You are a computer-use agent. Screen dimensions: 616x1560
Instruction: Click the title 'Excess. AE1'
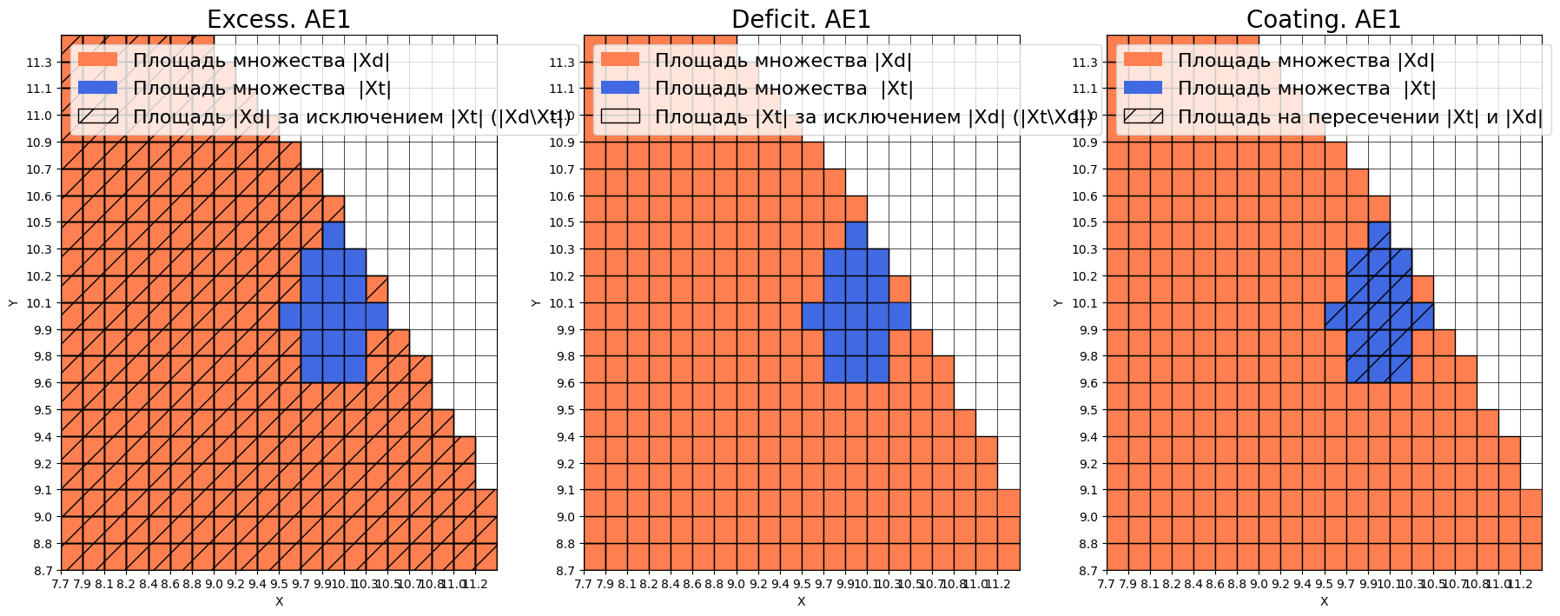coord(279,19)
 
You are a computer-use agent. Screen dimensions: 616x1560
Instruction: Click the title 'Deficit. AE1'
coord(801,19)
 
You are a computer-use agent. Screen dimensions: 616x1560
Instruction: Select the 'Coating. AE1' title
coord(1324,19)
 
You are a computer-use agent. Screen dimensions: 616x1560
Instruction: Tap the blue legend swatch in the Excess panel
coord(97,88)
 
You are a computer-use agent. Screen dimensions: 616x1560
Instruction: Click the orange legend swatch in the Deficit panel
coord(620,59)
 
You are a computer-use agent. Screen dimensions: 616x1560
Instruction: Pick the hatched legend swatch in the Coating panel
coord(1143,116)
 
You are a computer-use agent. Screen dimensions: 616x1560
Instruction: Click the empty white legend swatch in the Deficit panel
coord(620,116)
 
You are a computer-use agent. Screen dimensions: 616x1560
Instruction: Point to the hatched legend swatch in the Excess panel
coord(97,116)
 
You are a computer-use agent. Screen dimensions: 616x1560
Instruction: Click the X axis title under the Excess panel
coord(279,601)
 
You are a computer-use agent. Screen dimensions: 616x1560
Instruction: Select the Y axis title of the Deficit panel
coord(535,302)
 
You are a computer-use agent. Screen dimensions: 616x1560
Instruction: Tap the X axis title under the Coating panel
coord(1324,601)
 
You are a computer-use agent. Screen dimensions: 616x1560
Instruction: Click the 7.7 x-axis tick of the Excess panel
coord(61,584)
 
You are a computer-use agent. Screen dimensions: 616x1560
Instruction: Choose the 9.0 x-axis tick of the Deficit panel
coord(737,584)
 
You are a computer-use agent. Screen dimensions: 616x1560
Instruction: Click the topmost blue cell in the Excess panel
coord(334,235)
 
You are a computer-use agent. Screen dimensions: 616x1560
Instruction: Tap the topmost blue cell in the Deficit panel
coord(856,235)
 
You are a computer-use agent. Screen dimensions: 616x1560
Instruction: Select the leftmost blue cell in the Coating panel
coord(1335,316)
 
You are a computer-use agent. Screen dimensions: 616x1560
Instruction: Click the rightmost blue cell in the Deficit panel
coord(900,316)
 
